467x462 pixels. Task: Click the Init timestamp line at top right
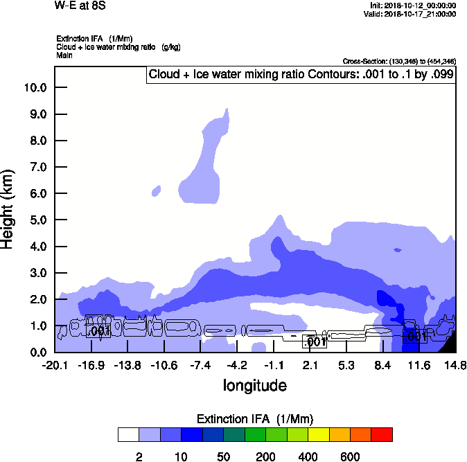(414, 6)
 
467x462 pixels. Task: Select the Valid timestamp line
(414, 14)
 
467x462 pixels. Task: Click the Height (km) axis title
(9, 208)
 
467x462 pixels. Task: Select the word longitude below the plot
(254, 384)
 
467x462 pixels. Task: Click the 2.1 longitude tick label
(310, 365)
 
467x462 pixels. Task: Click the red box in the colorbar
(382, 435)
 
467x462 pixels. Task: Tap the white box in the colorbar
(129, 435)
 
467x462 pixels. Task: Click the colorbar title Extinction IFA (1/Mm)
(256, 419)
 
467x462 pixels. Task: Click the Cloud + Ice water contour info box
(301, 74)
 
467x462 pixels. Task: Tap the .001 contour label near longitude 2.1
(316, 341)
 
